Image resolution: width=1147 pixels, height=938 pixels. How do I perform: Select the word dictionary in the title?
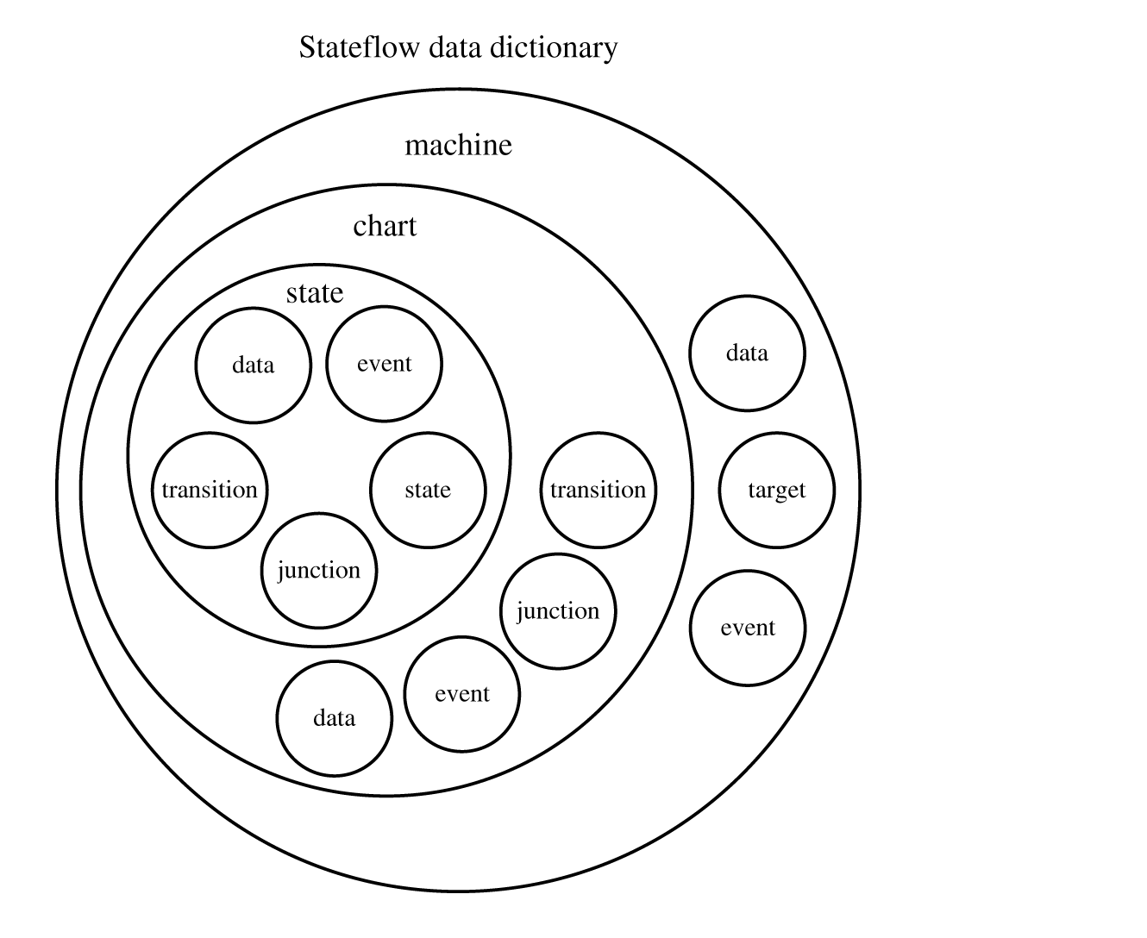[x=554, y=47]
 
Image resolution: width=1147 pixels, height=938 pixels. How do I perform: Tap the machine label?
[x=458, y=145]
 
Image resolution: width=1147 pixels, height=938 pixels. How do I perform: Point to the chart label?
[x=385, y=226]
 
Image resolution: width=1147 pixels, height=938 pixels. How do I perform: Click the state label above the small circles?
[x=315, y=293]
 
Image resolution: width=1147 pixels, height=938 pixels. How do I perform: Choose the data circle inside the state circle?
[x=253, y=366]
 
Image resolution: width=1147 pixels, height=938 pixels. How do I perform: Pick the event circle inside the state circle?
[x=384, y=364]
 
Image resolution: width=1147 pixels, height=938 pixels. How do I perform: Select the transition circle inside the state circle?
[x=210, y=490]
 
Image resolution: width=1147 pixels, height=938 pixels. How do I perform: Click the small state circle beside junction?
[x=428, y=490]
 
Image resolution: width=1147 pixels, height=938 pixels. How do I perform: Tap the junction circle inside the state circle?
[x=319, y=570]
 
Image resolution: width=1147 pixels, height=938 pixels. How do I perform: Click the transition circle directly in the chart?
[x=598, y=490]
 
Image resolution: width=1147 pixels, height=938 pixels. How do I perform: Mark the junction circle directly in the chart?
[x=558, y=610]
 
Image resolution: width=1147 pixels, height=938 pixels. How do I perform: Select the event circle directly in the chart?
[x=462, y=694]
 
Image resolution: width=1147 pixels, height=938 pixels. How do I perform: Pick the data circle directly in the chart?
[x=334, y=718]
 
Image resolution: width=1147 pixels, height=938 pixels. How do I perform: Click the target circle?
[x=776, y=490]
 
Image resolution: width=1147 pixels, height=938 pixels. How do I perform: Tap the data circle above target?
[x=747, y=353]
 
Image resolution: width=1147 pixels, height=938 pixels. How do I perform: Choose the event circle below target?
[x=747, y=628]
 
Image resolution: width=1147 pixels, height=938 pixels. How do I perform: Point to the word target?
[x=776, y=490]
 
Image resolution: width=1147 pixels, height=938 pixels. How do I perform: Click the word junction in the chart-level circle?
[x=558, y=611]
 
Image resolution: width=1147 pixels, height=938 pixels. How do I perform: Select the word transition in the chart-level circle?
[x=598, y=490]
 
